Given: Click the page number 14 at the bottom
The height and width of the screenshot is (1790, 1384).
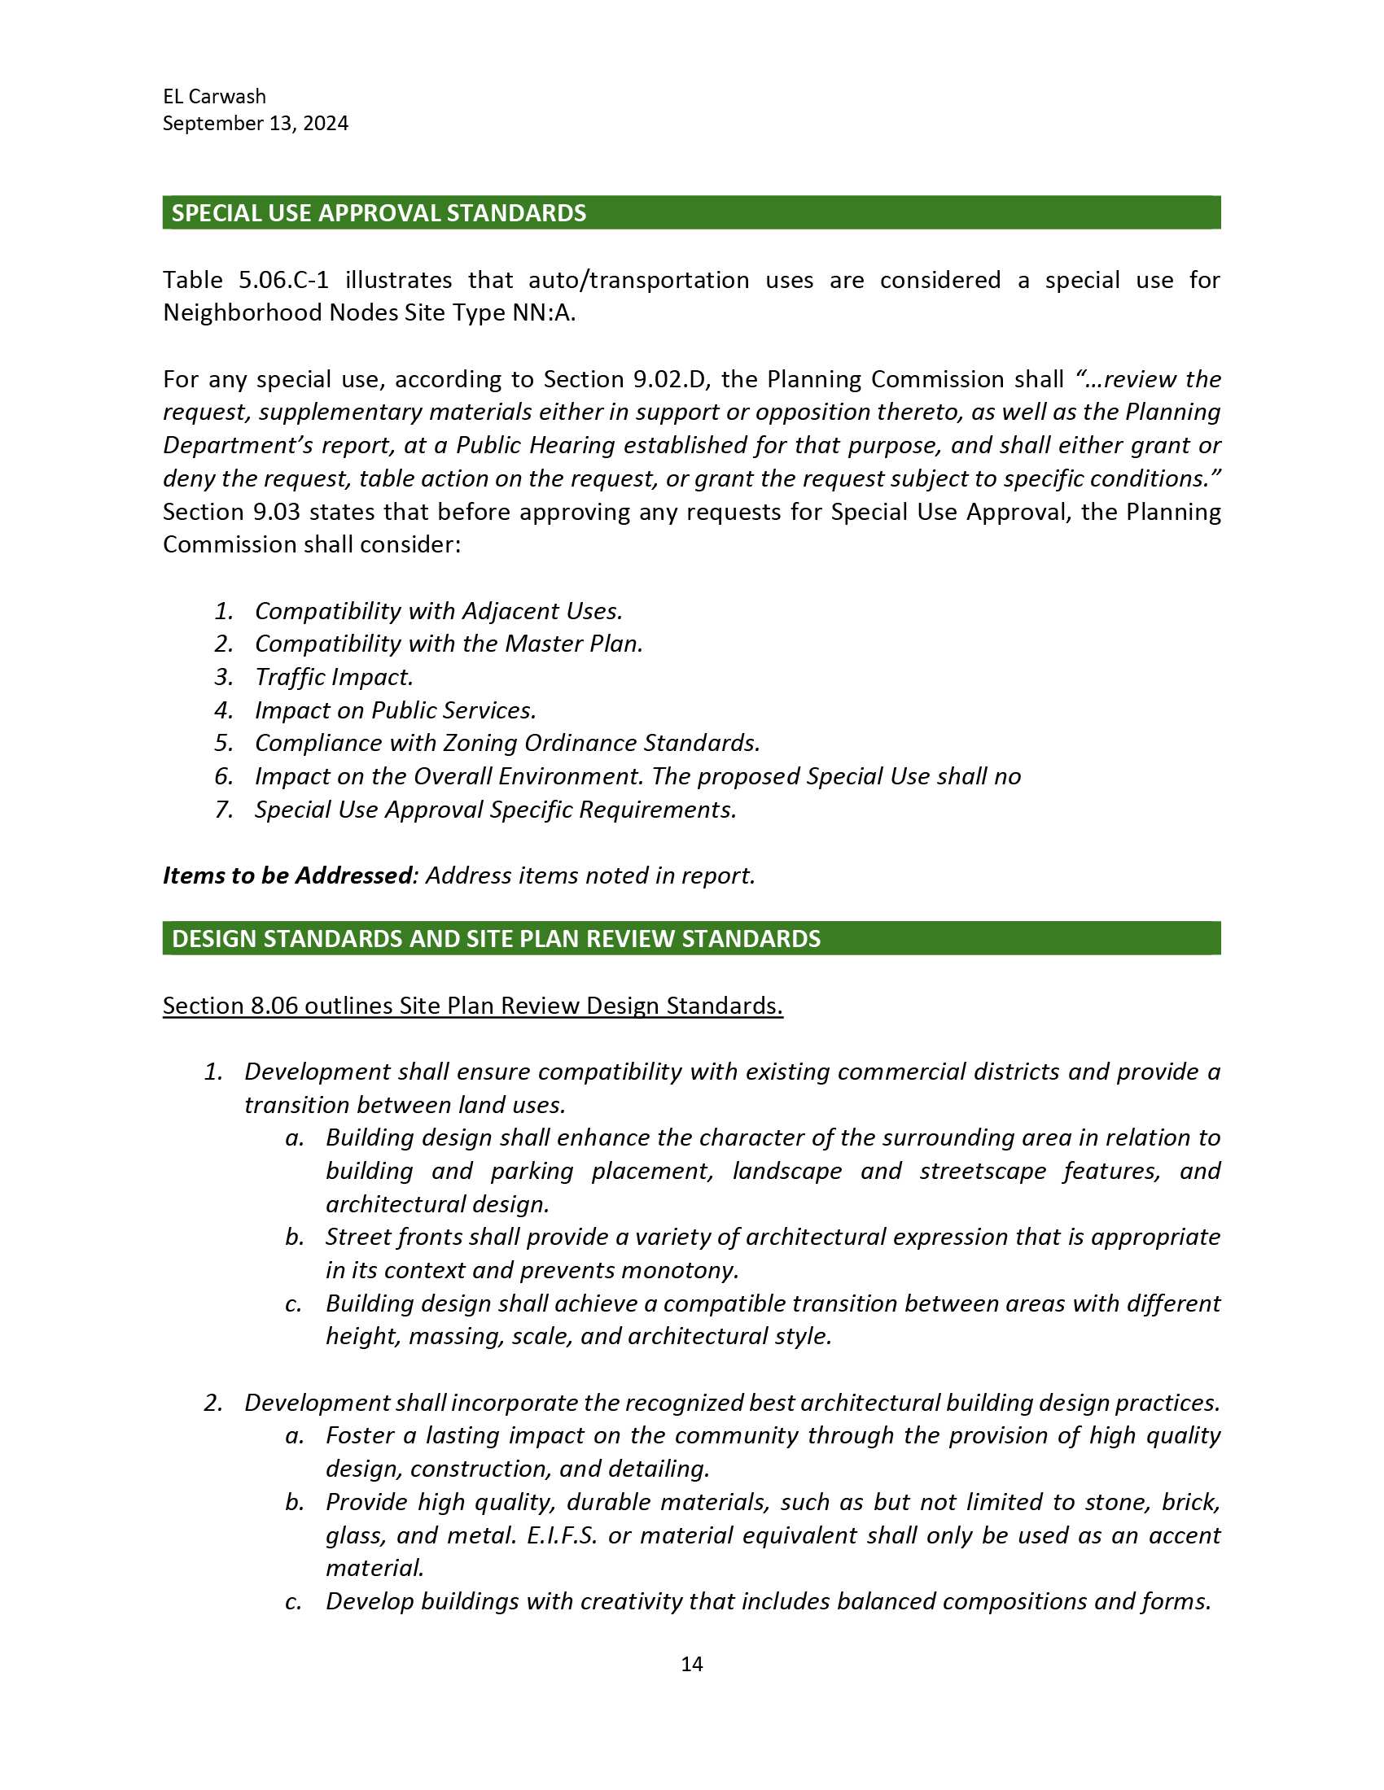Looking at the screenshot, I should tap(691, 1663).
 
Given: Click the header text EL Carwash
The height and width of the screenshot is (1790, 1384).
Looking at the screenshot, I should tap(214, 97).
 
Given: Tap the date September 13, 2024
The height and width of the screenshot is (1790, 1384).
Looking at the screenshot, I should tap(255, 124).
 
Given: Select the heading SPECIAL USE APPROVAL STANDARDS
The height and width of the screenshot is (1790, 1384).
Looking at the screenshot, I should tap(379, 213).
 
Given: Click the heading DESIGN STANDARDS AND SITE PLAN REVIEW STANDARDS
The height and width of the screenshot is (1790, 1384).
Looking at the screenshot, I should tap(495, 938).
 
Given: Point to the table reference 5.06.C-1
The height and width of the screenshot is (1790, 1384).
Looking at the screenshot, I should tap(283, 281).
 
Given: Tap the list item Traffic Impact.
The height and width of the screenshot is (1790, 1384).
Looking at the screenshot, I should tap(334, 677).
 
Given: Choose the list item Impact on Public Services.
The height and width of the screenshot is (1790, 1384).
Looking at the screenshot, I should tap(395, 710).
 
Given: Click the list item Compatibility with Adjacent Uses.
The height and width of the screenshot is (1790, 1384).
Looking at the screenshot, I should tap(439, 610).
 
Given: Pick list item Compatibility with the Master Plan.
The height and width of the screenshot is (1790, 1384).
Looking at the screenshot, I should tap(449, 644).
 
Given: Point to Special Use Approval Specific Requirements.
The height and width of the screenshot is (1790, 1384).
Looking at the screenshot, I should tap(495, 810).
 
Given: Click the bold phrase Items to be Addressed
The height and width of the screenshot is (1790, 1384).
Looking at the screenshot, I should tap(287, 876).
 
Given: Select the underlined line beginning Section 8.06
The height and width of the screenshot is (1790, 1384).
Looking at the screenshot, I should tap(472, 1006).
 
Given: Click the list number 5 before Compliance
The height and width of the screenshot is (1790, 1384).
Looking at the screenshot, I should tap(223, 744).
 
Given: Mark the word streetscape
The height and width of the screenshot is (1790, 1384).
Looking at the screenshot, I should tap(983, 1171).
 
